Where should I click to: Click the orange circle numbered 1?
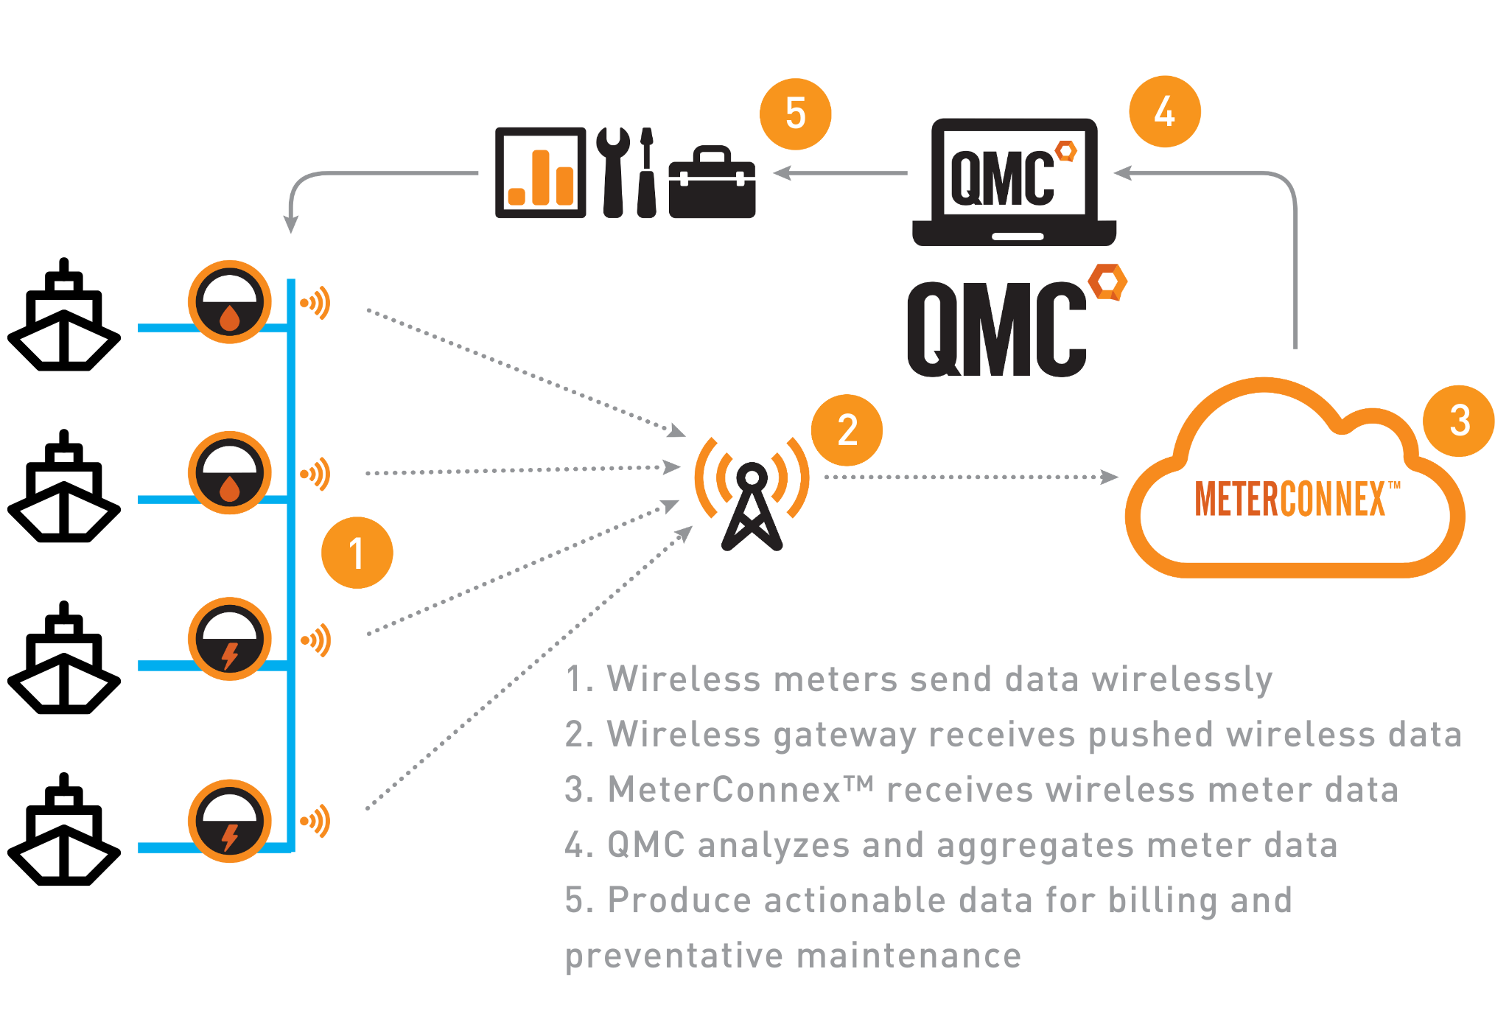coord(357,553)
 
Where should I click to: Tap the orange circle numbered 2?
coord(847,430)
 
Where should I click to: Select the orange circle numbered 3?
coord(1458,421)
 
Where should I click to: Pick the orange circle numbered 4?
coord(1164,111)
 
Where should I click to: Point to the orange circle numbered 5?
coord(795,114)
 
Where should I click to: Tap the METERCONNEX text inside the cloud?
coord(1289,499)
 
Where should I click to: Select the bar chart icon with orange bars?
coord(540,173)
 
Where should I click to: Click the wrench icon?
coord(612,172)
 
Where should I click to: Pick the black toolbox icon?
coord(712,182)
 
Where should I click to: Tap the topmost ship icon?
coord(64,317)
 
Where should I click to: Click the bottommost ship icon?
coord(64,831)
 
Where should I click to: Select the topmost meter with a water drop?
coord(229,301)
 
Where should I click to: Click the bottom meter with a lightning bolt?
coord(229,821)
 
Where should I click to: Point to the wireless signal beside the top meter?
coord(316,303)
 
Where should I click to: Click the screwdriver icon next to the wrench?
coord(646,173)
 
